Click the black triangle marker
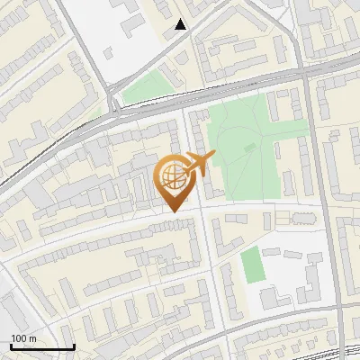pyautogui.click(x=181, y=24)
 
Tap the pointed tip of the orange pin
pyautogui.click(x=174, y=211)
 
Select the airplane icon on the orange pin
pyautogui.click(x=200, y=163)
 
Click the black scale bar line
pyautogui.click(x=42, y=347)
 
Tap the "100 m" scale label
pyautogui.click(x=24, y=338)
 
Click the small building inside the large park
pyautogui.click(x=250, y=147)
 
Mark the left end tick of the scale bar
pyautogui.click(x=11, y=346)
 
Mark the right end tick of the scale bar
pyautogui.click(x=74, y=346)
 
